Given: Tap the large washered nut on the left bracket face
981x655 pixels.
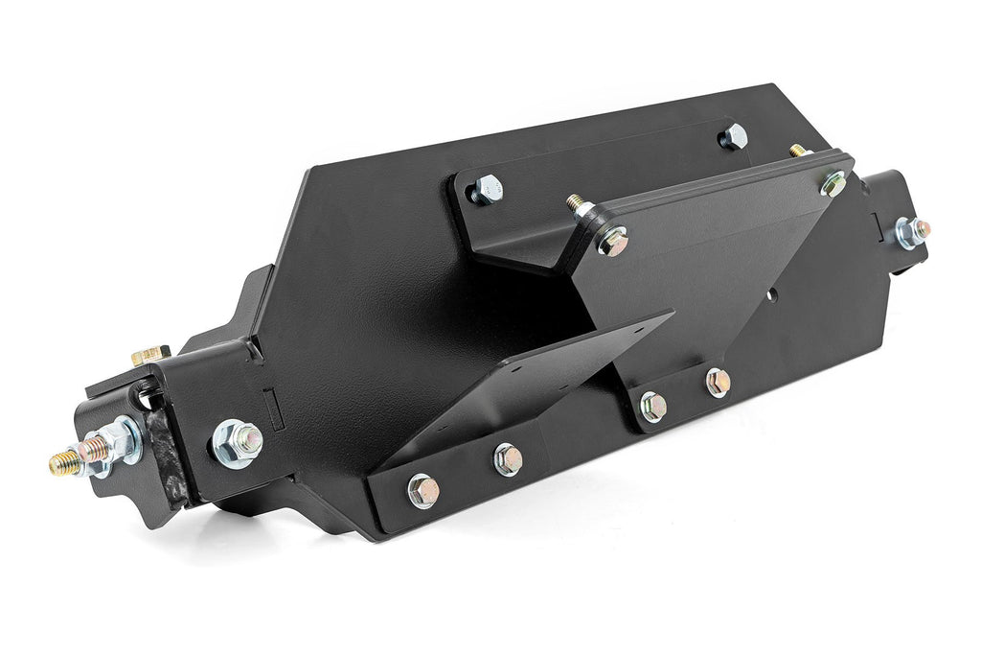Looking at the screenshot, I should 236,443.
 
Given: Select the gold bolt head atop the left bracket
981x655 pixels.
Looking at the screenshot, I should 149,357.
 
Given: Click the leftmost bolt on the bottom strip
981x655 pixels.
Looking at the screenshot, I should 422,491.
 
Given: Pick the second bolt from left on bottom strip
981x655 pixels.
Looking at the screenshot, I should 508,459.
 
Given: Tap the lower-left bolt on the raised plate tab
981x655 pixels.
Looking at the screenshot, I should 652,407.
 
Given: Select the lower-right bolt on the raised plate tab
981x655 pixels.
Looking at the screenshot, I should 718,383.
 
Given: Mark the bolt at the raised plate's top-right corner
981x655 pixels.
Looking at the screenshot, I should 833,183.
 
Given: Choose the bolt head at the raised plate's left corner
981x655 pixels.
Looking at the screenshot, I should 612,242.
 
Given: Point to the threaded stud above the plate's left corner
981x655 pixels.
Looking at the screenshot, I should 578,204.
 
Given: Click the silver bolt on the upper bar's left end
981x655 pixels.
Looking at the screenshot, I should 486,189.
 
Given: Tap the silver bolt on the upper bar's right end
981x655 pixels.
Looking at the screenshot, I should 734,136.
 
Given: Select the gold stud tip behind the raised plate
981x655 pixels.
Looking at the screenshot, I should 797,151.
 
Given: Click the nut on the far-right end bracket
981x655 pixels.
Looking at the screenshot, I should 910,231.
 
